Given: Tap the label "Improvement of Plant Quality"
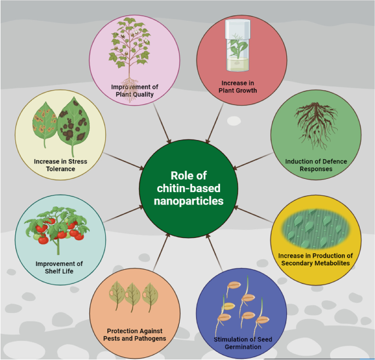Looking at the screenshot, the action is click(134, 90).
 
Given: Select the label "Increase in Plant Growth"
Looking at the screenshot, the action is click(242, 86).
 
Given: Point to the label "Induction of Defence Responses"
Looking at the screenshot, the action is click(316, 165).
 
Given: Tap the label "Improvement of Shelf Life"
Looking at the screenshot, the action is click(59, 267).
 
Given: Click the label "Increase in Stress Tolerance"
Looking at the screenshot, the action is click(60, 165).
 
